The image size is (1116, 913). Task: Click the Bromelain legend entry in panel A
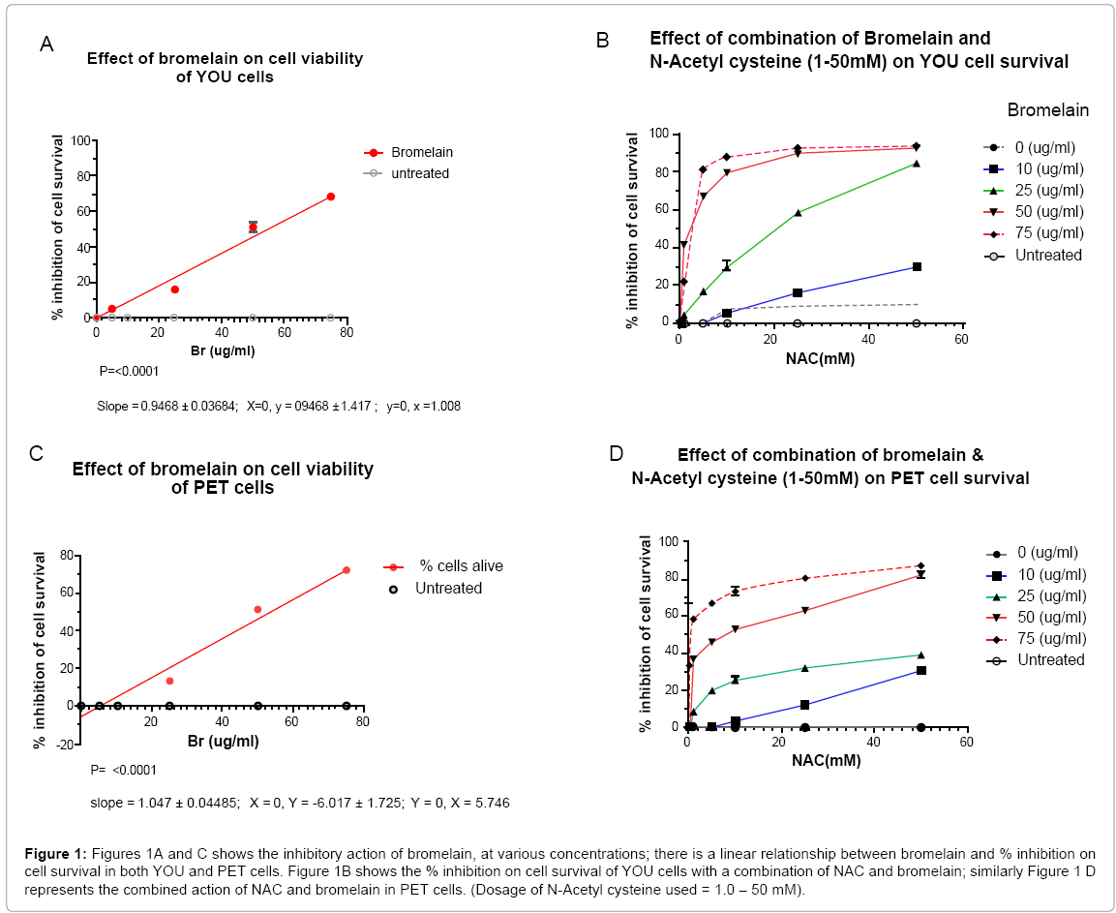[x=422, y=153]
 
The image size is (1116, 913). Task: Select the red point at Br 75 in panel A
[x=330, y=197]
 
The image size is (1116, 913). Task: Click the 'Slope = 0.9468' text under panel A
[x=161, y=407]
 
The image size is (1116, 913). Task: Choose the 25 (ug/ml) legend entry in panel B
[x=1049, y=190]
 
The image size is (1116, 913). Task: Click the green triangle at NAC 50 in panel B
[x=916, y=164]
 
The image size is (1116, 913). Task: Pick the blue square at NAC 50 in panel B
[x=916, y=266]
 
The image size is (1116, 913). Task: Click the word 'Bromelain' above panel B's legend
[x=1047, y=110]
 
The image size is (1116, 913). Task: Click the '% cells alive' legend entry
[x=460, y=566]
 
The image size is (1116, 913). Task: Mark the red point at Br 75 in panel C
[x=346, y=570]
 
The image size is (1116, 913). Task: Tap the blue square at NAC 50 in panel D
[x=920, y=670]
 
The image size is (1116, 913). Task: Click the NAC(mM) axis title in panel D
[x=825, y=761]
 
